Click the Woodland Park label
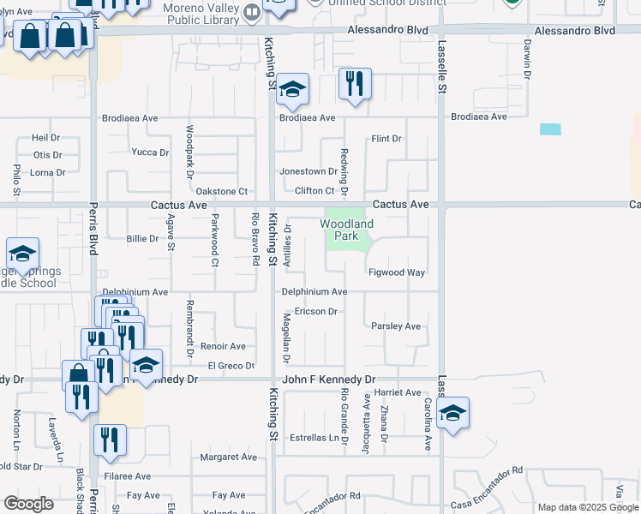tap(347, 230)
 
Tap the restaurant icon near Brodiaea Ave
tap(355, 84)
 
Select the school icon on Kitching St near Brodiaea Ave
tap(292, 90)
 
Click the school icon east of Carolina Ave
tap(452, 414)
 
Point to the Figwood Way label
tap(397, 272)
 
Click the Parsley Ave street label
tap(396, 326)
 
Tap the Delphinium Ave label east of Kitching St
tap(315, 292)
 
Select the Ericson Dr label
tap(315, 312)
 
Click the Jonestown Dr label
tap(309, 171)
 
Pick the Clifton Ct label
tap(315, 191)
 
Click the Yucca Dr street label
tap(150, 152)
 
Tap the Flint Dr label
tap(386, 139)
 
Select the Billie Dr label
tap(142, 239)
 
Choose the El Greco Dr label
tap(226, 367)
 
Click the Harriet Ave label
tap(397, 392)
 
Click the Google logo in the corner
tap(29, 504)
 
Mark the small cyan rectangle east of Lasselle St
tap(550, 129)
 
